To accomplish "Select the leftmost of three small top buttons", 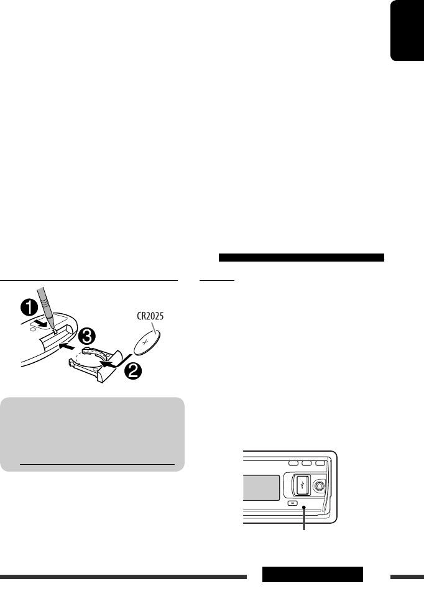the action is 292,464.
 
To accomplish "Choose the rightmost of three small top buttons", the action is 320,464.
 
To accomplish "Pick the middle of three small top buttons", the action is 306,464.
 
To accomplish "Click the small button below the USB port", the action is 293,503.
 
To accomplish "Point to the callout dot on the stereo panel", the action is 304,508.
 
